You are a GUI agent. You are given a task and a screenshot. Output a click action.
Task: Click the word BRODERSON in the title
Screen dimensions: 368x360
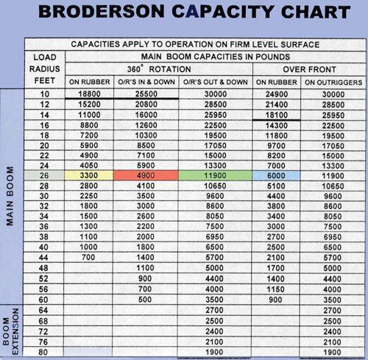[x=95, y=15]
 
